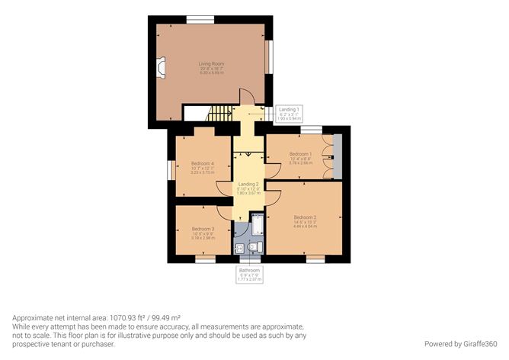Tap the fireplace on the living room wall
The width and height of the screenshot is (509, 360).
(161, 69)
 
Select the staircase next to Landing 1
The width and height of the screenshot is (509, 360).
(219, 114)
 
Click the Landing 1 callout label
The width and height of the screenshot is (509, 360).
(288, 114)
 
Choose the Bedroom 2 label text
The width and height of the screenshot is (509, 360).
(305, 222)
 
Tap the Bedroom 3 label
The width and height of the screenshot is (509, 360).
(203, 233)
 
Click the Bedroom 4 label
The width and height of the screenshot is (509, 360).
(202, 168)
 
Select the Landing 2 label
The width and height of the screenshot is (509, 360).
(248, 188)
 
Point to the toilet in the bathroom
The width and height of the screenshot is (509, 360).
(256, 246)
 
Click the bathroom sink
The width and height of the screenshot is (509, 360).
(240, 246)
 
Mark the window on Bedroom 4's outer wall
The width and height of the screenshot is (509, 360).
(169, 169)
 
